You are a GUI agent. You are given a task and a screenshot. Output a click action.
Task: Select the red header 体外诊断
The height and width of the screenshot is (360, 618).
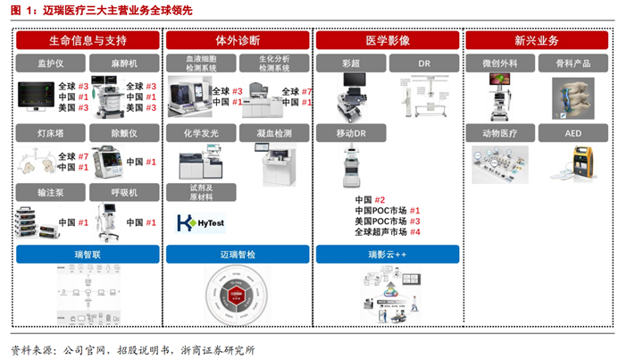(236, 41)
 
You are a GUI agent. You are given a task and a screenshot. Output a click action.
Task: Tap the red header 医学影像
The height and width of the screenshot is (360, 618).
(387, 41)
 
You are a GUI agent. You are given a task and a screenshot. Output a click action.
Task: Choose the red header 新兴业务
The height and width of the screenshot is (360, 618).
(536, 41)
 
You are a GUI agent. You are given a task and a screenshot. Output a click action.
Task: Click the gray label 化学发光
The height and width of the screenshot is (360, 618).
(200, 132)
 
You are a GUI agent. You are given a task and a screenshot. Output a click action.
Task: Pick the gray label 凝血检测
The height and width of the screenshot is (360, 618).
(273, 132)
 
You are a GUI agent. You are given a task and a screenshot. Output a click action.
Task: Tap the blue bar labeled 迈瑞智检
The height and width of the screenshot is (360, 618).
(236, 255)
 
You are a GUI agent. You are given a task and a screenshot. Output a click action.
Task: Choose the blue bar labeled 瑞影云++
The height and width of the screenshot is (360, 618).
(387, 255)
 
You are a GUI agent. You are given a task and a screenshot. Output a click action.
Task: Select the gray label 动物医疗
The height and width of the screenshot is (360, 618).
(499, 132)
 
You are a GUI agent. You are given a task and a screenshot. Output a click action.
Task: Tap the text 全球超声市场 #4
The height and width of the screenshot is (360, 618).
(387, 232)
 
